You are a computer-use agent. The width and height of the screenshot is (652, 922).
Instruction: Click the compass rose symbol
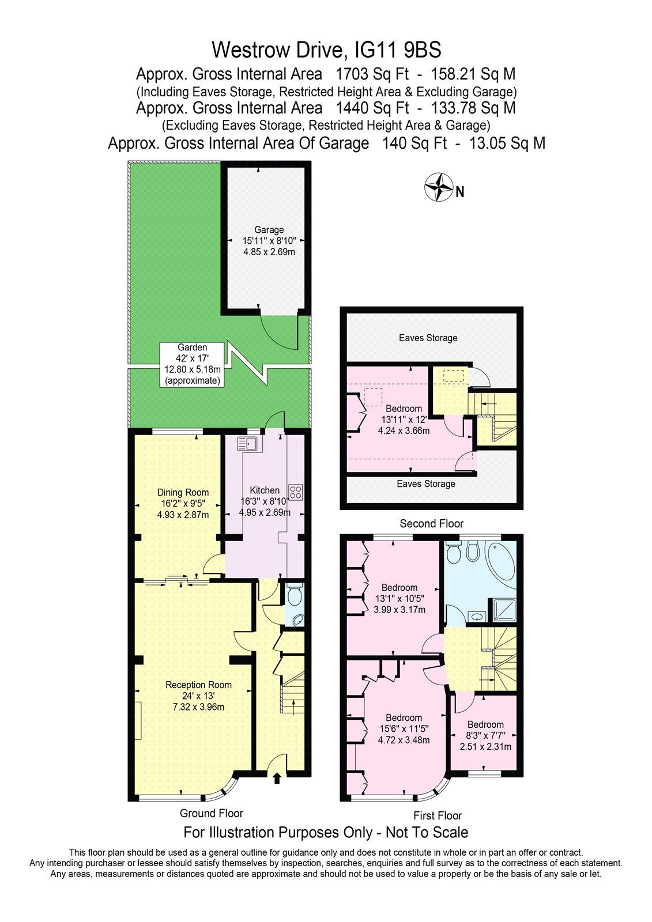pos(438,187)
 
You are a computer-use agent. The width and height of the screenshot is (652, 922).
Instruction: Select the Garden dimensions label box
pos(192,364)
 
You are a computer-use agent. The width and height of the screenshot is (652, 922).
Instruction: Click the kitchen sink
pos(250,443)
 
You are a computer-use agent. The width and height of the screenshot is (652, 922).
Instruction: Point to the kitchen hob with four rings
pos(296,492)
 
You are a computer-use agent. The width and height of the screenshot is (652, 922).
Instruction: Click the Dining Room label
pos(183,493)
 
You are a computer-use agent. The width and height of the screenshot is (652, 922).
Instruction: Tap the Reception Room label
pos(198,685)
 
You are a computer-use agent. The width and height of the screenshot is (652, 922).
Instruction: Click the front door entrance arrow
pos(277,779)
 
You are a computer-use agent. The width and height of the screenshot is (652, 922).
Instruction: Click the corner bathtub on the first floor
pos(503,564)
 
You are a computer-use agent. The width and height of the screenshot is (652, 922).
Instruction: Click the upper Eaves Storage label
pos(428,338)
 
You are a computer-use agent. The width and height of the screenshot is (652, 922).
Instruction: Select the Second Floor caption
pos(431,523)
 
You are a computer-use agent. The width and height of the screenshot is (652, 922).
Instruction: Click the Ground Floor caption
pos(212,813)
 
